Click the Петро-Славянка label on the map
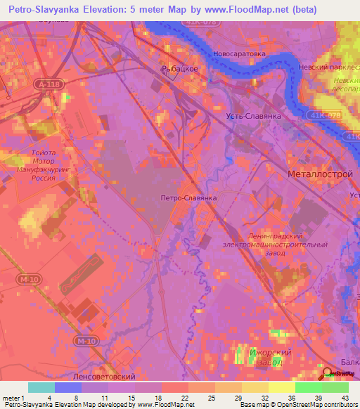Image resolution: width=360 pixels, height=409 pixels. (x=188, y=198)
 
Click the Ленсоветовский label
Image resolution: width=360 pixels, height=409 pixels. (x=105, y=377)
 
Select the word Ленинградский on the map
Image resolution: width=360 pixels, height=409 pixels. (x=275, y=236)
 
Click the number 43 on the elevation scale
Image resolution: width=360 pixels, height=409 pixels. (x=345, y=398)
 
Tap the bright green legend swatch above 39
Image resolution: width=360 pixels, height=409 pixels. (x=308, y=387)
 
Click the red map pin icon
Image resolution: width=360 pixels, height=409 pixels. (x=328, y=376)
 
